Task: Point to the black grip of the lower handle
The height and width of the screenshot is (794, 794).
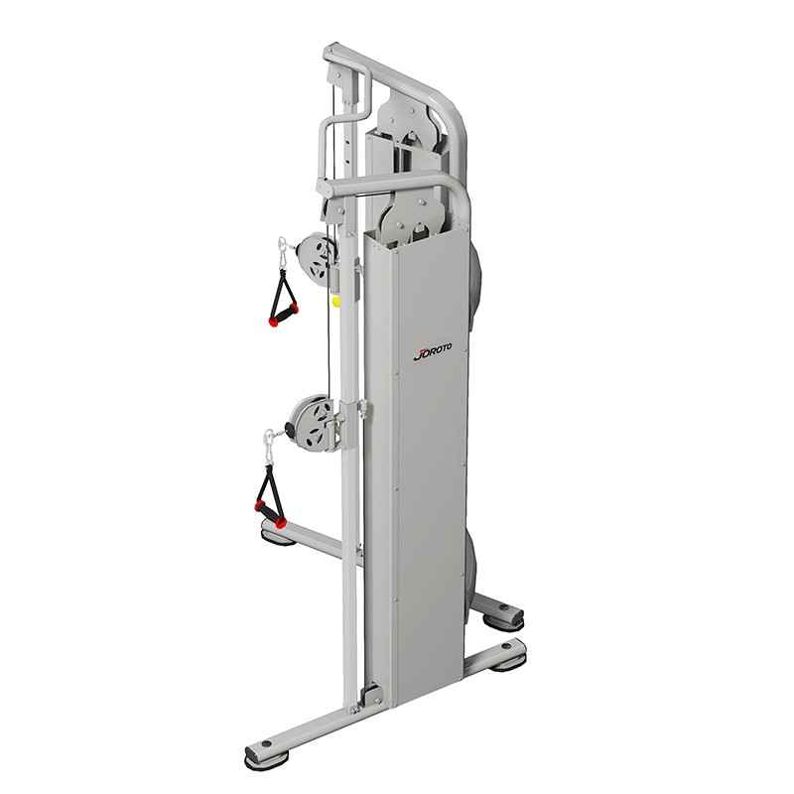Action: (x=270, y=513)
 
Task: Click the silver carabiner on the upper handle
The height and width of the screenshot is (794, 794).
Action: (x=281, y=252)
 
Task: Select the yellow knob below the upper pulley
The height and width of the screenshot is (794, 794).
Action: (x=335, y=302)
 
